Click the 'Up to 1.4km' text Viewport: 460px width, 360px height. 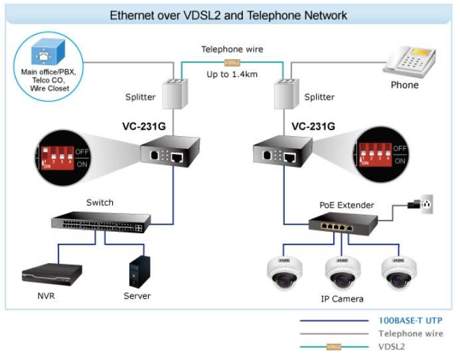[x=232, y=74]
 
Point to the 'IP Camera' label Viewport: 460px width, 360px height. [x=342, y=299]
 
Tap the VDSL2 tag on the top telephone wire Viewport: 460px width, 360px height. [x=232, y=62]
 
